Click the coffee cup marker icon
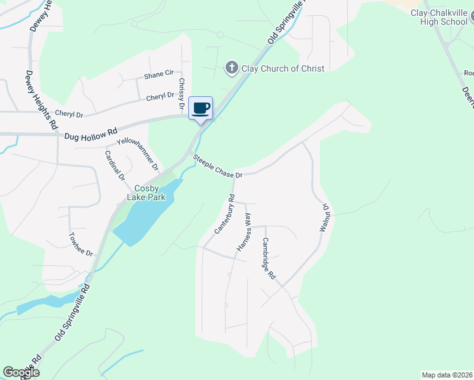[x=201, y=108]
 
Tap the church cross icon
[x=232, y=68]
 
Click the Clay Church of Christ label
[x=282, y=68]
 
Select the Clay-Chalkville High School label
[x=439, y=17]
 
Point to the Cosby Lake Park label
[x=150, y=193]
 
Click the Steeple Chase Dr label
[x=218, y=165]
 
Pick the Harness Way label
[x=244, y=232]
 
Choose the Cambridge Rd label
[x=269, y=258]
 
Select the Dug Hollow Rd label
[x=91, y=134]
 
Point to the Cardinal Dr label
[x=115, y=165]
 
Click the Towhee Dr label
[x=81, y=244]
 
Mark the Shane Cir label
[x=158, y=74]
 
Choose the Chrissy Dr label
[x=181, y=93]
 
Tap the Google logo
[x=21, y=372]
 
